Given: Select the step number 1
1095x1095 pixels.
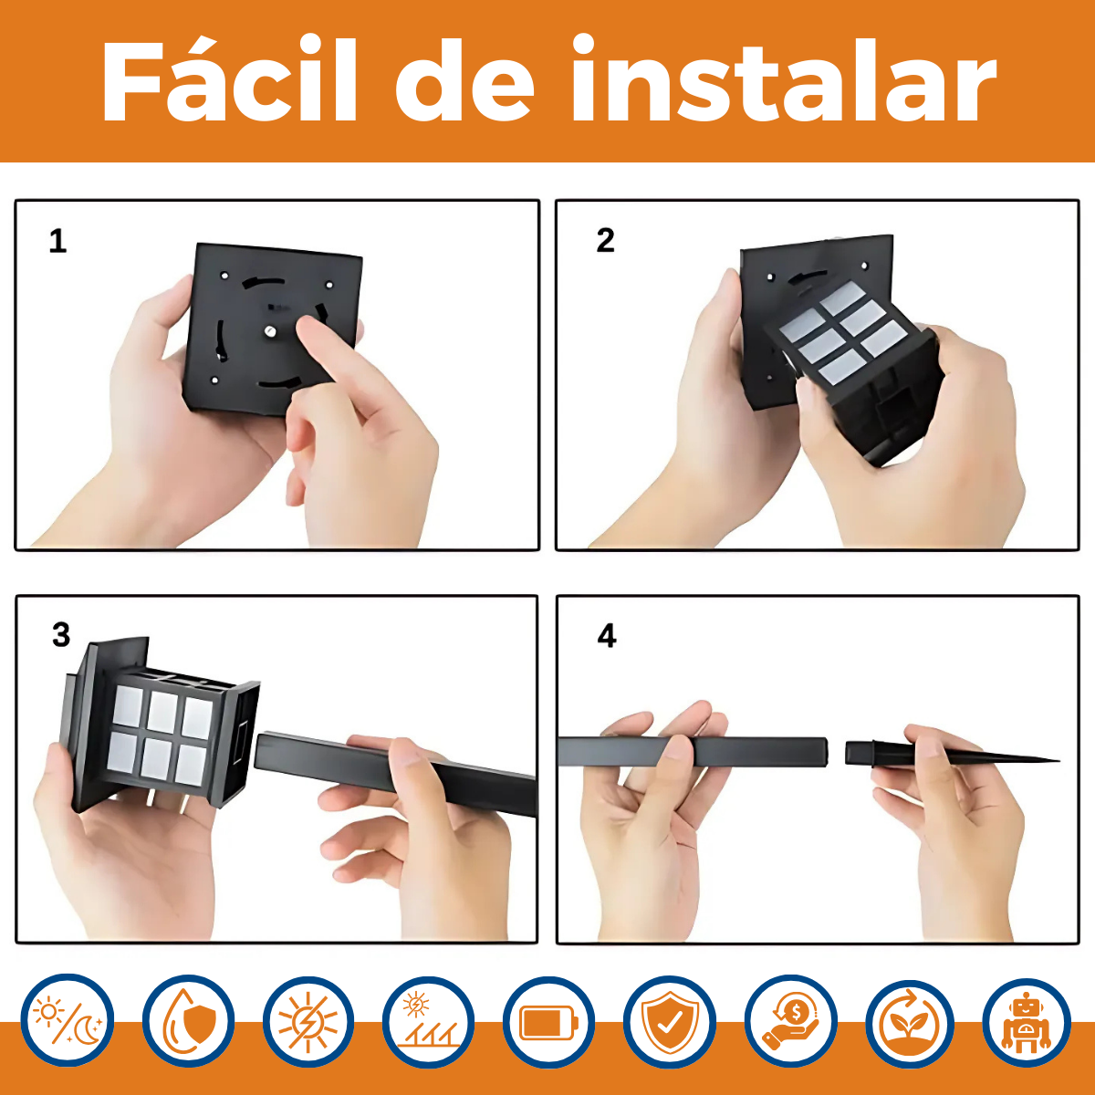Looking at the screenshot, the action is pos(58,241).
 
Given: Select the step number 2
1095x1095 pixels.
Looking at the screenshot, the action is pos(605,240).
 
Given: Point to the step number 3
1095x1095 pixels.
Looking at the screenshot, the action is pos(61,635).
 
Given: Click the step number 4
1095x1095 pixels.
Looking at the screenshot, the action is pos(607,636).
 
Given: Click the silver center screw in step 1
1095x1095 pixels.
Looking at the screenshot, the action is pos(270,330).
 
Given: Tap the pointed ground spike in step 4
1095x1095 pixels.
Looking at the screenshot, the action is pos(951,753).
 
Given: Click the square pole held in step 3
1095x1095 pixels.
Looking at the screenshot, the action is pos(395,764).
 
